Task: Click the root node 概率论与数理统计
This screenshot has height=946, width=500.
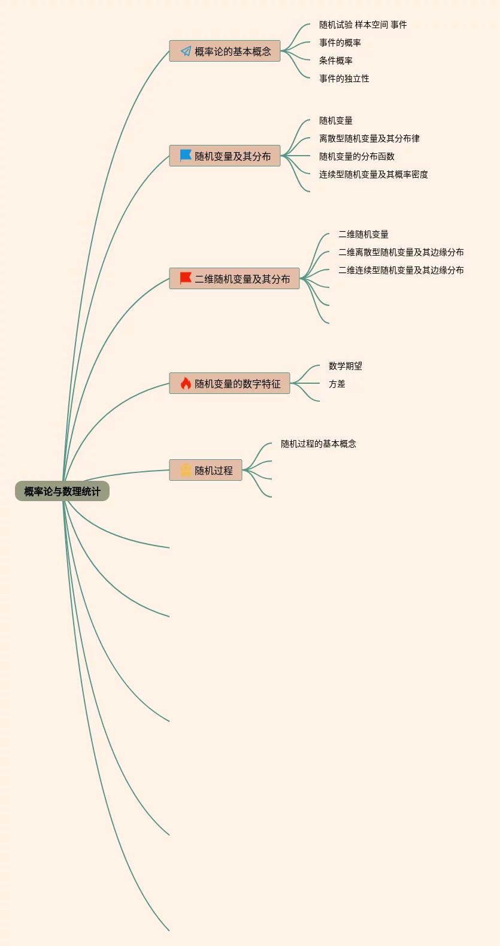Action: coord(62,492)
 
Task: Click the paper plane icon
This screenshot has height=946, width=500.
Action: coord(186,51)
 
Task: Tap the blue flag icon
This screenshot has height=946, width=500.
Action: coord(186,156)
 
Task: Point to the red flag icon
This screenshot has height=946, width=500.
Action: coord(186,278)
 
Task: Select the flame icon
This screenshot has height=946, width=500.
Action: coord(186,383)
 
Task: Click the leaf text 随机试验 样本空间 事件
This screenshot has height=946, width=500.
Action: coord(363,25)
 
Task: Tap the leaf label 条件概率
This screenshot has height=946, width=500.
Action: coord(336,60)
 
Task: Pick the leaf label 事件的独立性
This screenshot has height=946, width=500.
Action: coord(344,78)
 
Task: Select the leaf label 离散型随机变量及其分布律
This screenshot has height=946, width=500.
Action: coord(369,138)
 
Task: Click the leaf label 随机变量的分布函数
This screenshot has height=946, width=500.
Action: coord(357,156)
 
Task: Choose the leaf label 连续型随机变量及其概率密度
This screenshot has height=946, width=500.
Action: coord(374,174)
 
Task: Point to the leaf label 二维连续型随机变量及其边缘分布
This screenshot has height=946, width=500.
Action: coord(401,270)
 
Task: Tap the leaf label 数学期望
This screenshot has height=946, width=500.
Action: coord(346,366)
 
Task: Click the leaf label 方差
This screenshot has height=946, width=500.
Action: coord(337,384)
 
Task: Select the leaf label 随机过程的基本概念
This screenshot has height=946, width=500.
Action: coord(319,444)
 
